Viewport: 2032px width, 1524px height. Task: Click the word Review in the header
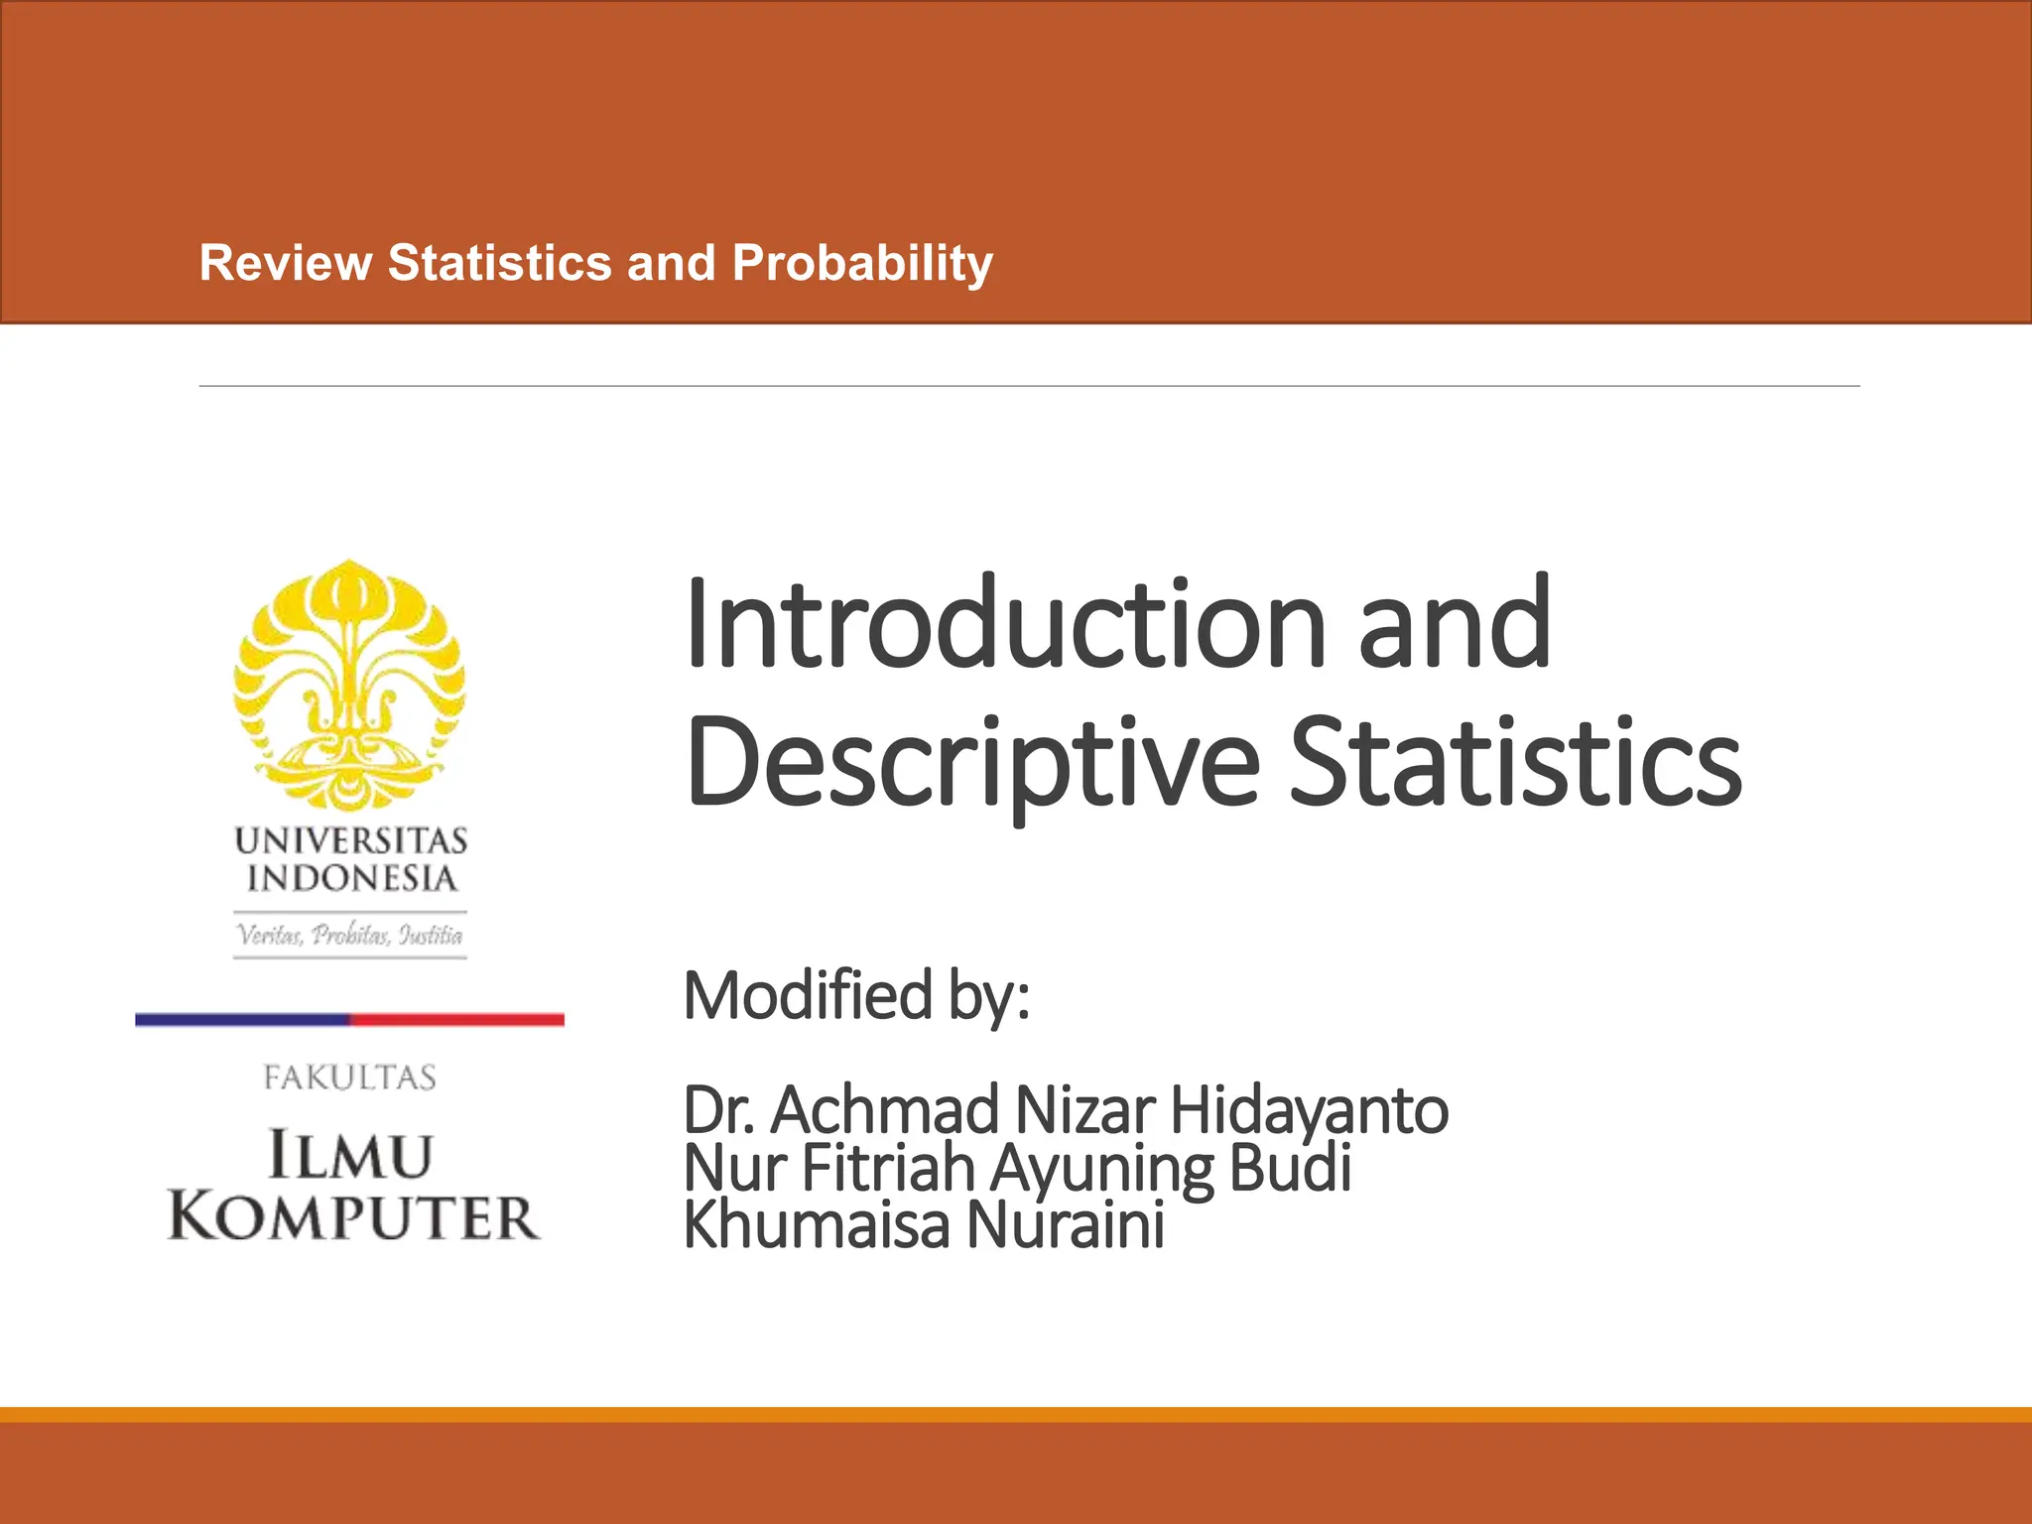tap(286, 264)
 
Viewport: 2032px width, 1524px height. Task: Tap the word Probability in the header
tap(862, 264)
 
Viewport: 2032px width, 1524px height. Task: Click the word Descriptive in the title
tap(972, 764)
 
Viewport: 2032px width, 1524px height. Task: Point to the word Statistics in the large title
tap(1514, 764)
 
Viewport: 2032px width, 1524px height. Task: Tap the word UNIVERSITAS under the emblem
tap(350, 841)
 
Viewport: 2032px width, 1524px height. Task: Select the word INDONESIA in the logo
tap(351, 879)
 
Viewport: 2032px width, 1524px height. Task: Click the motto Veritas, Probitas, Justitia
tap(349, 935)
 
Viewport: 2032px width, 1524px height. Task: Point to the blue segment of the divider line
tap(242, 1019)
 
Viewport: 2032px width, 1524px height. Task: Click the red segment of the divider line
tap(456, 1019)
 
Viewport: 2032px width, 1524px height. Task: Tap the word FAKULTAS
tap(349, 1078)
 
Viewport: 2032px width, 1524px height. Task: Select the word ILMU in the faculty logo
tap(350, 1156)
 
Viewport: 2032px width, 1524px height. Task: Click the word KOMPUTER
tap(353, 1217)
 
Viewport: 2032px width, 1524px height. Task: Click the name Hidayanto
tap(1309, 1110)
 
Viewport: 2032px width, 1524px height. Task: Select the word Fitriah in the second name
tap(888, 1168)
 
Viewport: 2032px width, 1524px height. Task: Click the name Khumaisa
tap(817, 1225)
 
